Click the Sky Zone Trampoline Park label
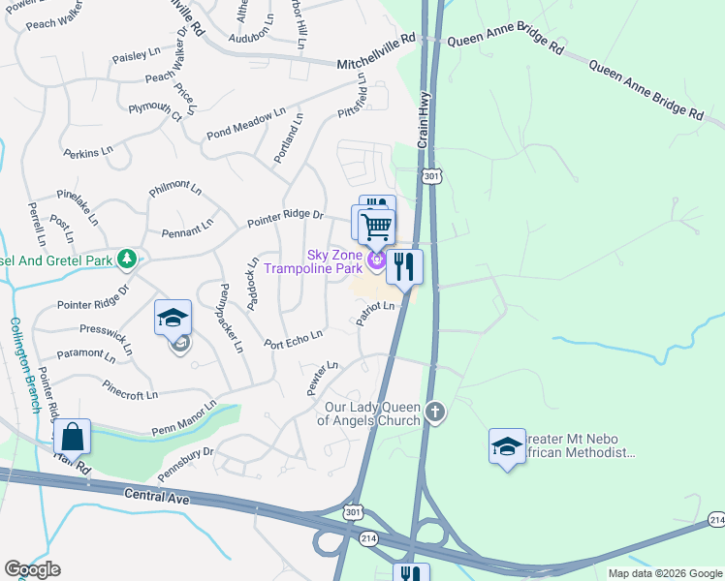point(334,260)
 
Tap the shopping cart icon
point(376,228)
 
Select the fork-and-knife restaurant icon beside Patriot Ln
point(404,266)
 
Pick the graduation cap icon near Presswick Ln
point(173,318)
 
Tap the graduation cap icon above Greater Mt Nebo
point(507,446)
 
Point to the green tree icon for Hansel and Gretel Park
point(126,259)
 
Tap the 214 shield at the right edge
point(716,521)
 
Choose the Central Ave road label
point(155,496)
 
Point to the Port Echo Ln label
point(293,340)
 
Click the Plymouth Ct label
point(155,109)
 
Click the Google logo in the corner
point(32,569)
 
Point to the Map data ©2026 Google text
point(665,573)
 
